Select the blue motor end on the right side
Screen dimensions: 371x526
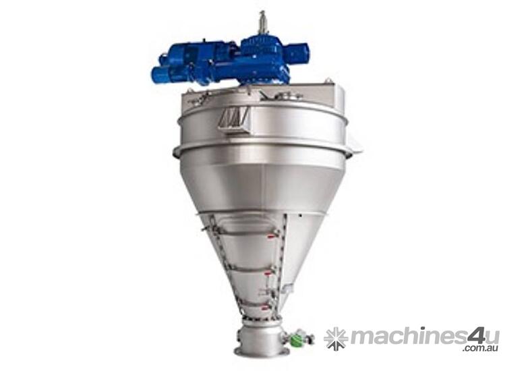pos(299,51)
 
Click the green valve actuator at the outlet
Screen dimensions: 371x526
pos(293,337)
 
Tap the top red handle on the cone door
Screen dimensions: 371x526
pos(272,235)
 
